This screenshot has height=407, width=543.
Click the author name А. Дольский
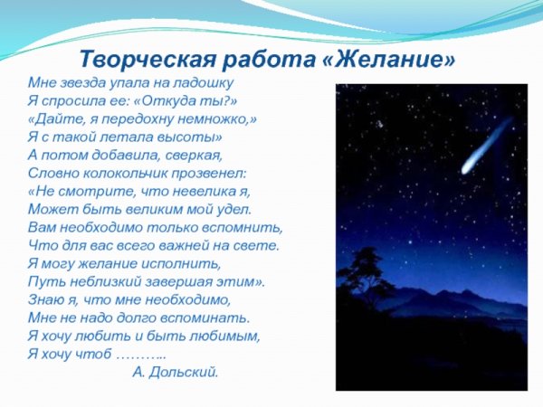tap(175, 371)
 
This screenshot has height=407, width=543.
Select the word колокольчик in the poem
tap(117, 171)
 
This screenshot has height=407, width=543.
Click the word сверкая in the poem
tap(205, 154)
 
